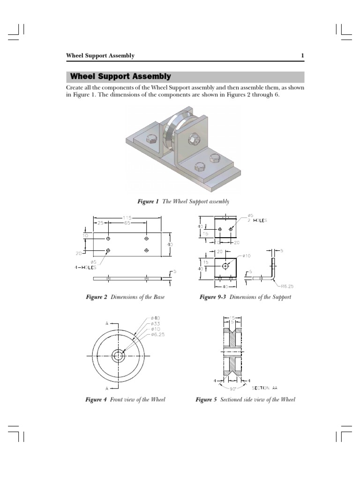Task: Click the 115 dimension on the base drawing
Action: coord(127,218)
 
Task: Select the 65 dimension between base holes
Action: coord(127,224)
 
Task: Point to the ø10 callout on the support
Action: coord(247,256)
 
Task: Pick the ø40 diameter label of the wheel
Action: coord(156,318)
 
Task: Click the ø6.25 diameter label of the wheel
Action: coord(157,334)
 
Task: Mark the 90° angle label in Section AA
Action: coord(232,389)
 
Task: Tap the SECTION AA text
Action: coord(268,388)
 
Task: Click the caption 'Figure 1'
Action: coord(148,202)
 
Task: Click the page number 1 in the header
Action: coord(302,56)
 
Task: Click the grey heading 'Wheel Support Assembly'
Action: coord(120,77)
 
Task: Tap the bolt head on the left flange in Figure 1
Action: coord(151,139)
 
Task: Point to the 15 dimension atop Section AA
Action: coord(232,318)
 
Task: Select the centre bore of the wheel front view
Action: coord(118,356)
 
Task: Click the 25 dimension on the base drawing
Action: coord(100,224)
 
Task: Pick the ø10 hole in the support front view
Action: coord(226,266)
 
